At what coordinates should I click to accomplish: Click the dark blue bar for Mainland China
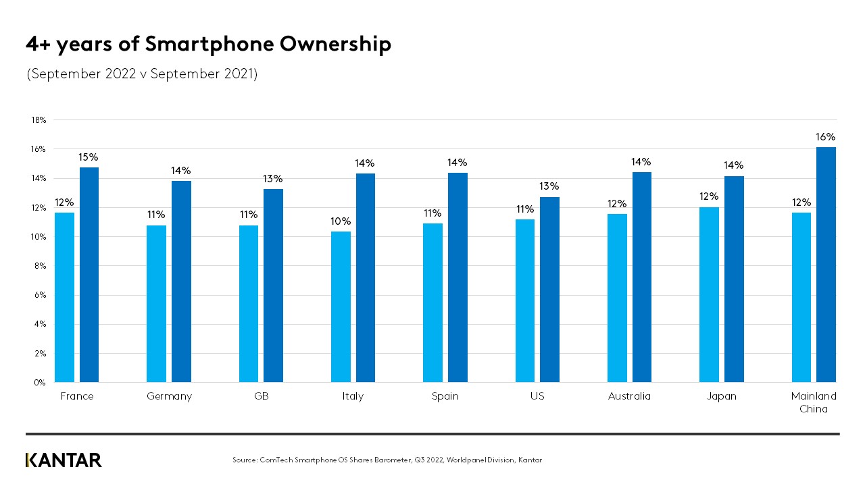(826, 265)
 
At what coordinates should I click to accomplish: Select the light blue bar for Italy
(341, 307)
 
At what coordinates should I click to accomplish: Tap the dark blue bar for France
(89, 275)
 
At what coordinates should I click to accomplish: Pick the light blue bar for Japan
(709, 294)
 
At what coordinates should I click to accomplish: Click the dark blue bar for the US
(549, 290)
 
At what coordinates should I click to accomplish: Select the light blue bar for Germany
(156, 304)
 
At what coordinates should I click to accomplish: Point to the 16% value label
(826, 136)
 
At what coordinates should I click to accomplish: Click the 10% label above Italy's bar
(341, 221)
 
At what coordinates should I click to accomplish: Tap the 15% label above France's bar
(89, 157)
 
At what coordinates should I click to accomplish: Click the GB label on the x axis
(261, 396)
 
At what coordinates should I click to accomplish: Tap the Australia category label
(628, 396)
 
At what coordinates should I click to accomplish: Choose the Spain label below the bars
(445, 396)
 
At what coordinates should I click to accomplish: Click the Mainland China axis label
(814, 402)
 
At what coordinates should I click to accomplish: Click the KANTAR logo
(64, 460)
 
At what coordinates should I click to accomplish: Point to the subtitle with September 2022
(142, 74)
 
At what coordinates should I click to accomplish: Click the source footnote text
(387, 460)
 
